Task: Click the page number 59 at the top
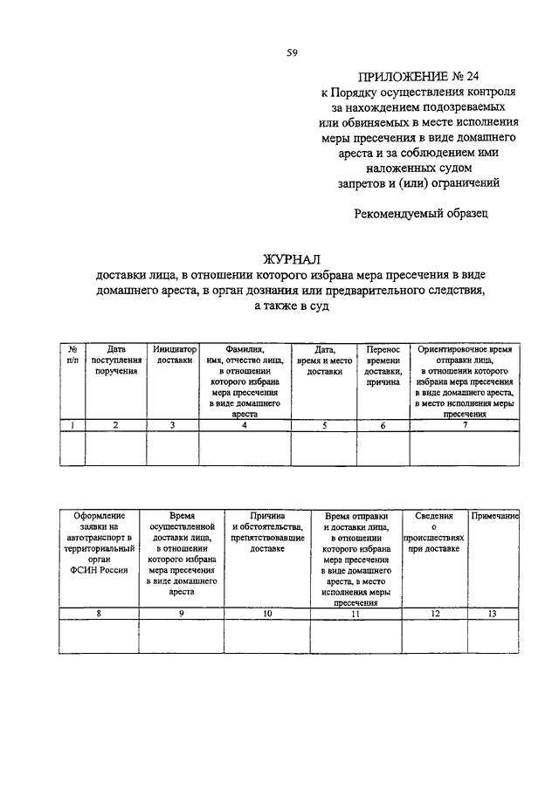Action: pos(293,52)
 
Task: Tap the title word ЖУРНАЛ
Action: pos(293,259)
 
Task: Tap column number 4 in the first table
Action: pos(245,425)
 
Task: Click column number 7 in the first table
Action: pos(465,425)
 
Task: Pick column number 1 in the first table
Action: pos(72,425)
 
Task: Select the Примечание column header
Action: pos(495,517)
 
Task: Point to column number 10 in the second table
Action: pos(267,615)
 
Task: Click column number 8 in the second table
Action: pos(99,615)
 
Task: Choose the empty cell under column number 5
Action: pos(324,448)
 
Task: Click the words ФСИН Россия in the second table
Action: pos(99,570)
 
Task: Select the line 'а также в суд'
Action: pos(293,306)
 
